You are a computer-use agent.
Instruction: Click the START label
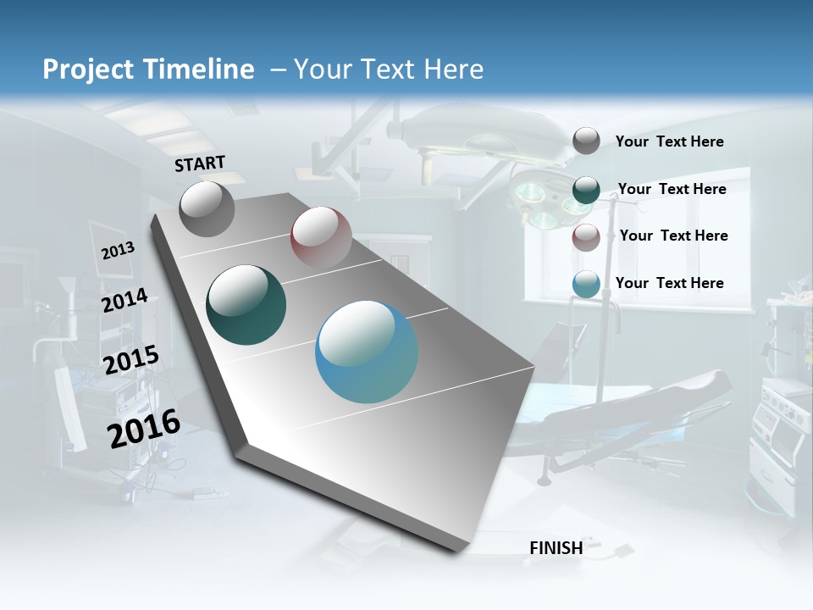pyautogui.click(x=200, y=164)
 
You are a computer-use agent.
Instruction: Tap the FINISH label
pyautogui.click(x=556, y=547)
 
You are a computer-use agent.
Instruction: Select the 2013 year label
pyautogui.click(x=118, y=251)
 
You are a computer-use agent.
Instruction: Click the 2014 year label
pyautogui.click(x=124, y=301)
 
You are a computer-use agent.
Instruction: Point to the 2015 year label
pyautogui.click(x=131, y=360)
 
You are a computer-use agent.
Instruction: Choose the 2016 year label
pyautogui.click(x=144, y=429)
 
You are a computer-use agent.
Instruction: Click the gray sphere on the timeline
pyautogui.click(x=207, y=209)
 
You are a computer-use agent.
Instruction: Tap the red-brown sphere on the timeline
pyautogui.click(x=321, y=236)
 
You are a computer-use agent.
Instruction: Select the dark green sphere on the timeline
pyautogui.click(x=246, y=305)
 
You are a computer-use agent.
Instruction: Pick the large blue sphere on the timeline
pyautogui.click(x=367, y=352)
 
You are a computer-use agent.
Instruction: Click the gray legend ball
pyautogui.click(x=586, y=141)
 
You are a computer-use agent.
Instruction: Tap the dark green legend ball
pyautogui.click(x=586, y=190)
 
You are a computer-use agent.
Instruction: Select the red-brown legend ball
pyautogui.click(x=586, y=237)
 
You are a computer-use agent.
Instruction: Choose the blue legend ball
pyautogui.click(x=586, y=285)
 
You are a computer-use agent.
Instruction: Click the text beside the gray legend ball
pyautogui.click(x=669, y=141)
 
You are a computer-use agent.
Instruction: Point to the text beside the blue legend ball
pyautogui.click(x=669, y=283)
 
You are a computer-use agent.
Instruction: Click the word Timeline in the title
pyautogui.click(x=203, y=69)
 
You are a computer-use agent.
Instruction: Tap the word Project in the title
pyautogui.click(x=84, y=69)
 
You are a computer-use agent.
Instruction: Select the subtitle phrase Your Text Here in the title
pyautogui.click(x=389, y=69)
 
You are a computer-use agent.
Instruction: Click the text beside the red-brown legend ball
pyautogui.click(x=673, y=236)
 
